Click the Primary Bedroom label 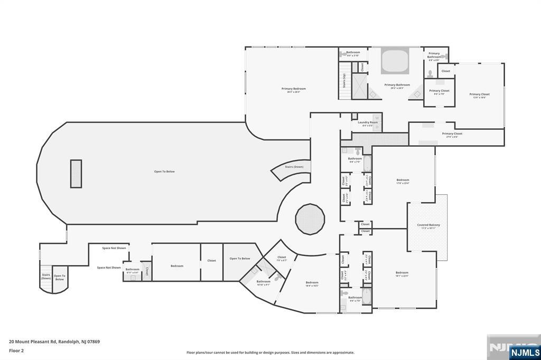(x=293, y=89)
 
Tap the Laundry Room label (x=367, y=123)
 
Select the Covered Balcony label (x=428, y=225)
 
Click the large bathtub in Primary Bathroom (x=395, y=62)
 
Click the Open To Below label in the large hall (x=164, y=172)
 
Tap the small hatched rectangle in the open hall (x=76, y=174)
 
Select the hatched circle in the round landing (x=310, y=219)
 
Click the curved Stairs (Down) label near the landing (x=294, y=167)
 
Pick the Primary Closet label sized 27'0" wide (x=452, y=134)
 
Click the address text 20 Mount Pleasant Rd (x=54, y=342)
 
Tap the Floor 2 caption (x=17, y=350)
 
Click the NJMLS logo (x=524, y=352)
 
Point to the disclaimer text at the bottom (x=270, y=353)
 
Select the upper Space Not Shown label (x=114, y=248)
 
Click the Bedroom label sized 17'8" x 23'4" (x=403, y=181)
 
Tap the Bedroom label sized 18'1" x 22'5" (x=402, y=273)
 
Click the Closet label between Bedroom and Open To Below (x=211, y=260)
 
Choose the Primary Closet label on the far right (x=479, y=95)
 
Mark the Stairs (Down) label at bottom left (x=46, y=276)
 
